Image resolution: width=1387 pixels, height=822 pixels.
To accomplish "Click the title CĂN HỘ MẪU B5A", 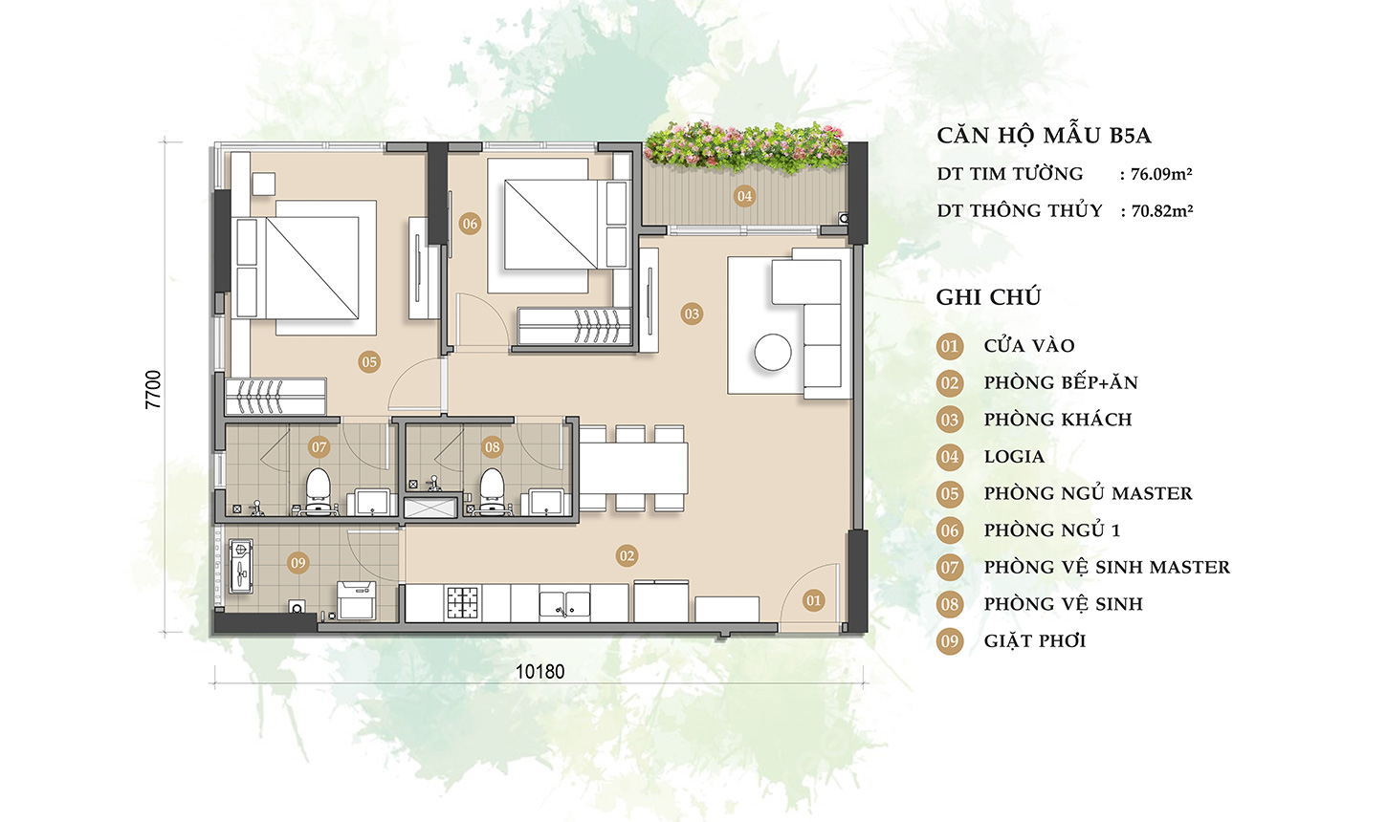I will point(1044,136).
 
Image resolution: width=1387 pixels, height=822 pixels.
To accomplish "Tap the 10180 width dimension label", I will point(539,671).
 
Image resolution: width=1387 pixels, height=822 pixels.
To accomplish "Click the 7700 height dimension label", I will point(154,390).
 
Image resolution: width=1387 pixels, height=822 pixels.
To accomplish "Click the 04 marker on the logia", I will point(744,196).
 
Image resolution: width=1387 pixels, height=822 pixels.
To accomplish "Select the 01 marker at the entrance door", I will point(813,600).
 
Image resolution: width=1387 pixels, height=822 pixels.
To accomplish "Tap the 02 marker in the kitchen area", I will point(627,555).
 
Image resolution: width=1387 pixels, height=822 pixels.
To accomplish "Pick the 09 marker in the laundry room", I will point(298,563).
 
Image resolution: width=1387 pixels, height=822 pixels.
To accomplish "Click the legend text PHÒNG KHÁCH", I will point(1057,420).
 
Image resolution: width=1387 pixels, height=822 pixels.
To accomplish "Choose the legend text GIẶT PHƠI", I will point(1034,641).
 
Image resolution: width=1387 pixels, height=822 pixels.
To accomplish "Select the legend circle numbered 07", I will point(949,568).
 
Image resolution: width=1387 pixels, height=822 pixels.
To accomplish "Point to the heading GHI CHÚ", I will point(988,297).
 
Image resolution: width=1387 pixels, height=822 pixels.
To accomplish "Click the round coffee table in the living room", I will point(772,353).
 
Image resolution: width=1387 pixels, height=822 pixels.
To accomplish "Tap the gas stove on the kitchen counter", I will point(463,602).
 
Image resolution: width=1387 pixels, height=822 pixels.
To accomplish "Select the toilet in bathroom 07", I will point(318,487).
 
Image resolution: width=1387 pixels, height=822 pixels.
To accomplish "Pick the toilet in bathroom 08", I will point(492,487).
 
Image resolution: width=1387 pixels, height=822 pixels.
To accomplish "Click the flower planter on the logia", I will point(744,146).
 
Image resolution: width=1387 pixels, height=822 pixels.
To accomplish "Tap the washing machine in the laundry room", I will point(357,601).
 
